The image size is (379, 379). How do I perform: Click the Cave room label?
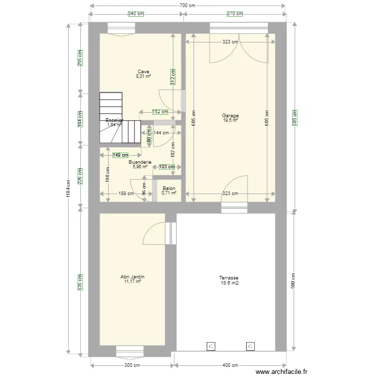pyautogui.click(x=144, y=71)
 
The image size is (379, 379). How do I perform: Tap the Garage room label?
pyautogui.click(x=230, y=116)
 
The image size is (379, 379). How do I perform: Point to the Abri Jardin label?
pyautogui.click(x=133, y=277)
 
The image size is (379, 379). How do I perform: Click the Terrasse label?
pyautogui.click(x=229, y=278)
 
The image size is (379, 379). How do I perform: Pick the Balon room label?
pyautogui.click(x=169, y=187)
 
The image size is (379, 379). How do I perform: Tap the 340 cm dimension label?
pyautogui.click(x=135, y=14)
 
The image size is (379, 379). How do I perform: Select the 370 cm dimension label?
pyautogui.click(x=234, y=14)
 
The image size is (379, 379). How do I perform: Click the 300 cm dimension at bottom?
pyautogui.click(x=132, y=365)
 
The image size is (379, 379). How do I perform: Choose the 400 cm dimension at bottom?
pyautogui.click(x=230, y=365)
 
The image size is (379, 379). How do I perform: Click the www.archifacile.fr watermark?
pyautogui.click(x=281, y=371)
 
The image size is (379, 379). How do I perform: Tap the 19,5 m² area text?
pyautogui.click(x=230, y=120)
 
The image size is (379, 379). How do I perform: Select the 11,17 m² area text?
pyautogui.click(x=132, y=281)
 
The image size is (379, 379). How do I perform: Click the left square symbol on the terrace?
pyautogui.click(x=211, y=346)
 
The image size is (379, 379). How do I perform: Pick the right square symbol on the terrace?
pyautogui.click(x=250, y=346)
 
